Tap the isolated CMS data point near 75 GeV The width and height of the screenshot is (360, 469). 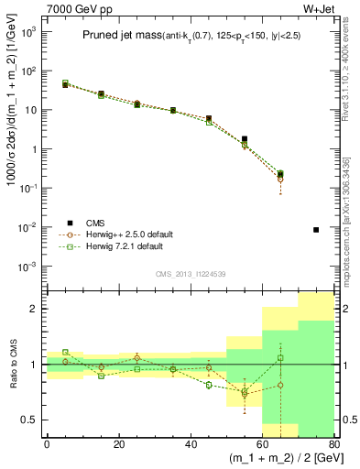pos(316,230)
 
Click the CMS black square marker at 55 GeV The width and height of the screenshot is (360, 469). pos(245,139)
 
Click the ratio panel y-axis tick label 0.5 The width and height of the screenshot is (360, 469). pos(30,420)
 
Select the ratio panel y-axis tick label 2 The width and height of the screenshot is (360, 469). pos(35,309)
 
